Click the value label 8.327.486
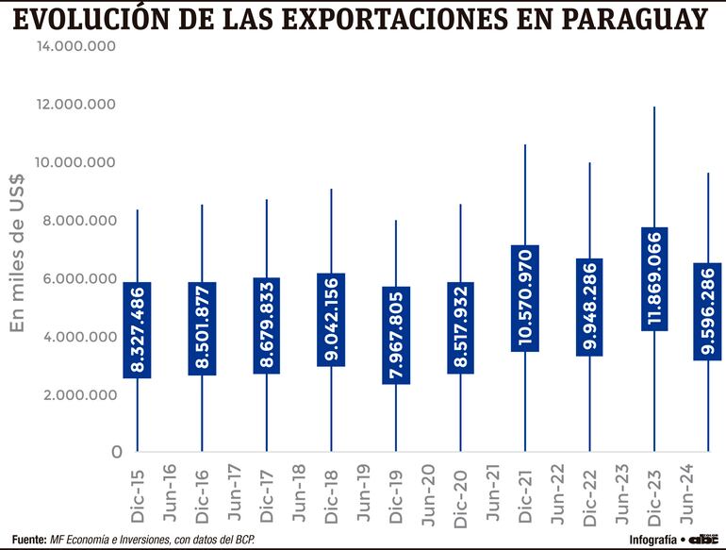point(138,330)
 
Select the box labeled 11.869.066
point(654,278)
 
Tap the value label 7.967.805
point(396,335)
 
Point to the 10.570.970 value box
point(525,298)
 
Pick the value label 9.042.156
point(332,320)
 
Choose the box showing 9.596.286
point(708,311)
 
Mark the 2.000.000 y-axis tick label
point(79,394)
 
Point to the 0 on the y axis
point(117,452)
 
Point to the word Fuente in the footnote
point(28,539)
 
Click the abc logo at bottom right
point(704,539)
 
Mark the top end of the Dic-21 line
point(525,145)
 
